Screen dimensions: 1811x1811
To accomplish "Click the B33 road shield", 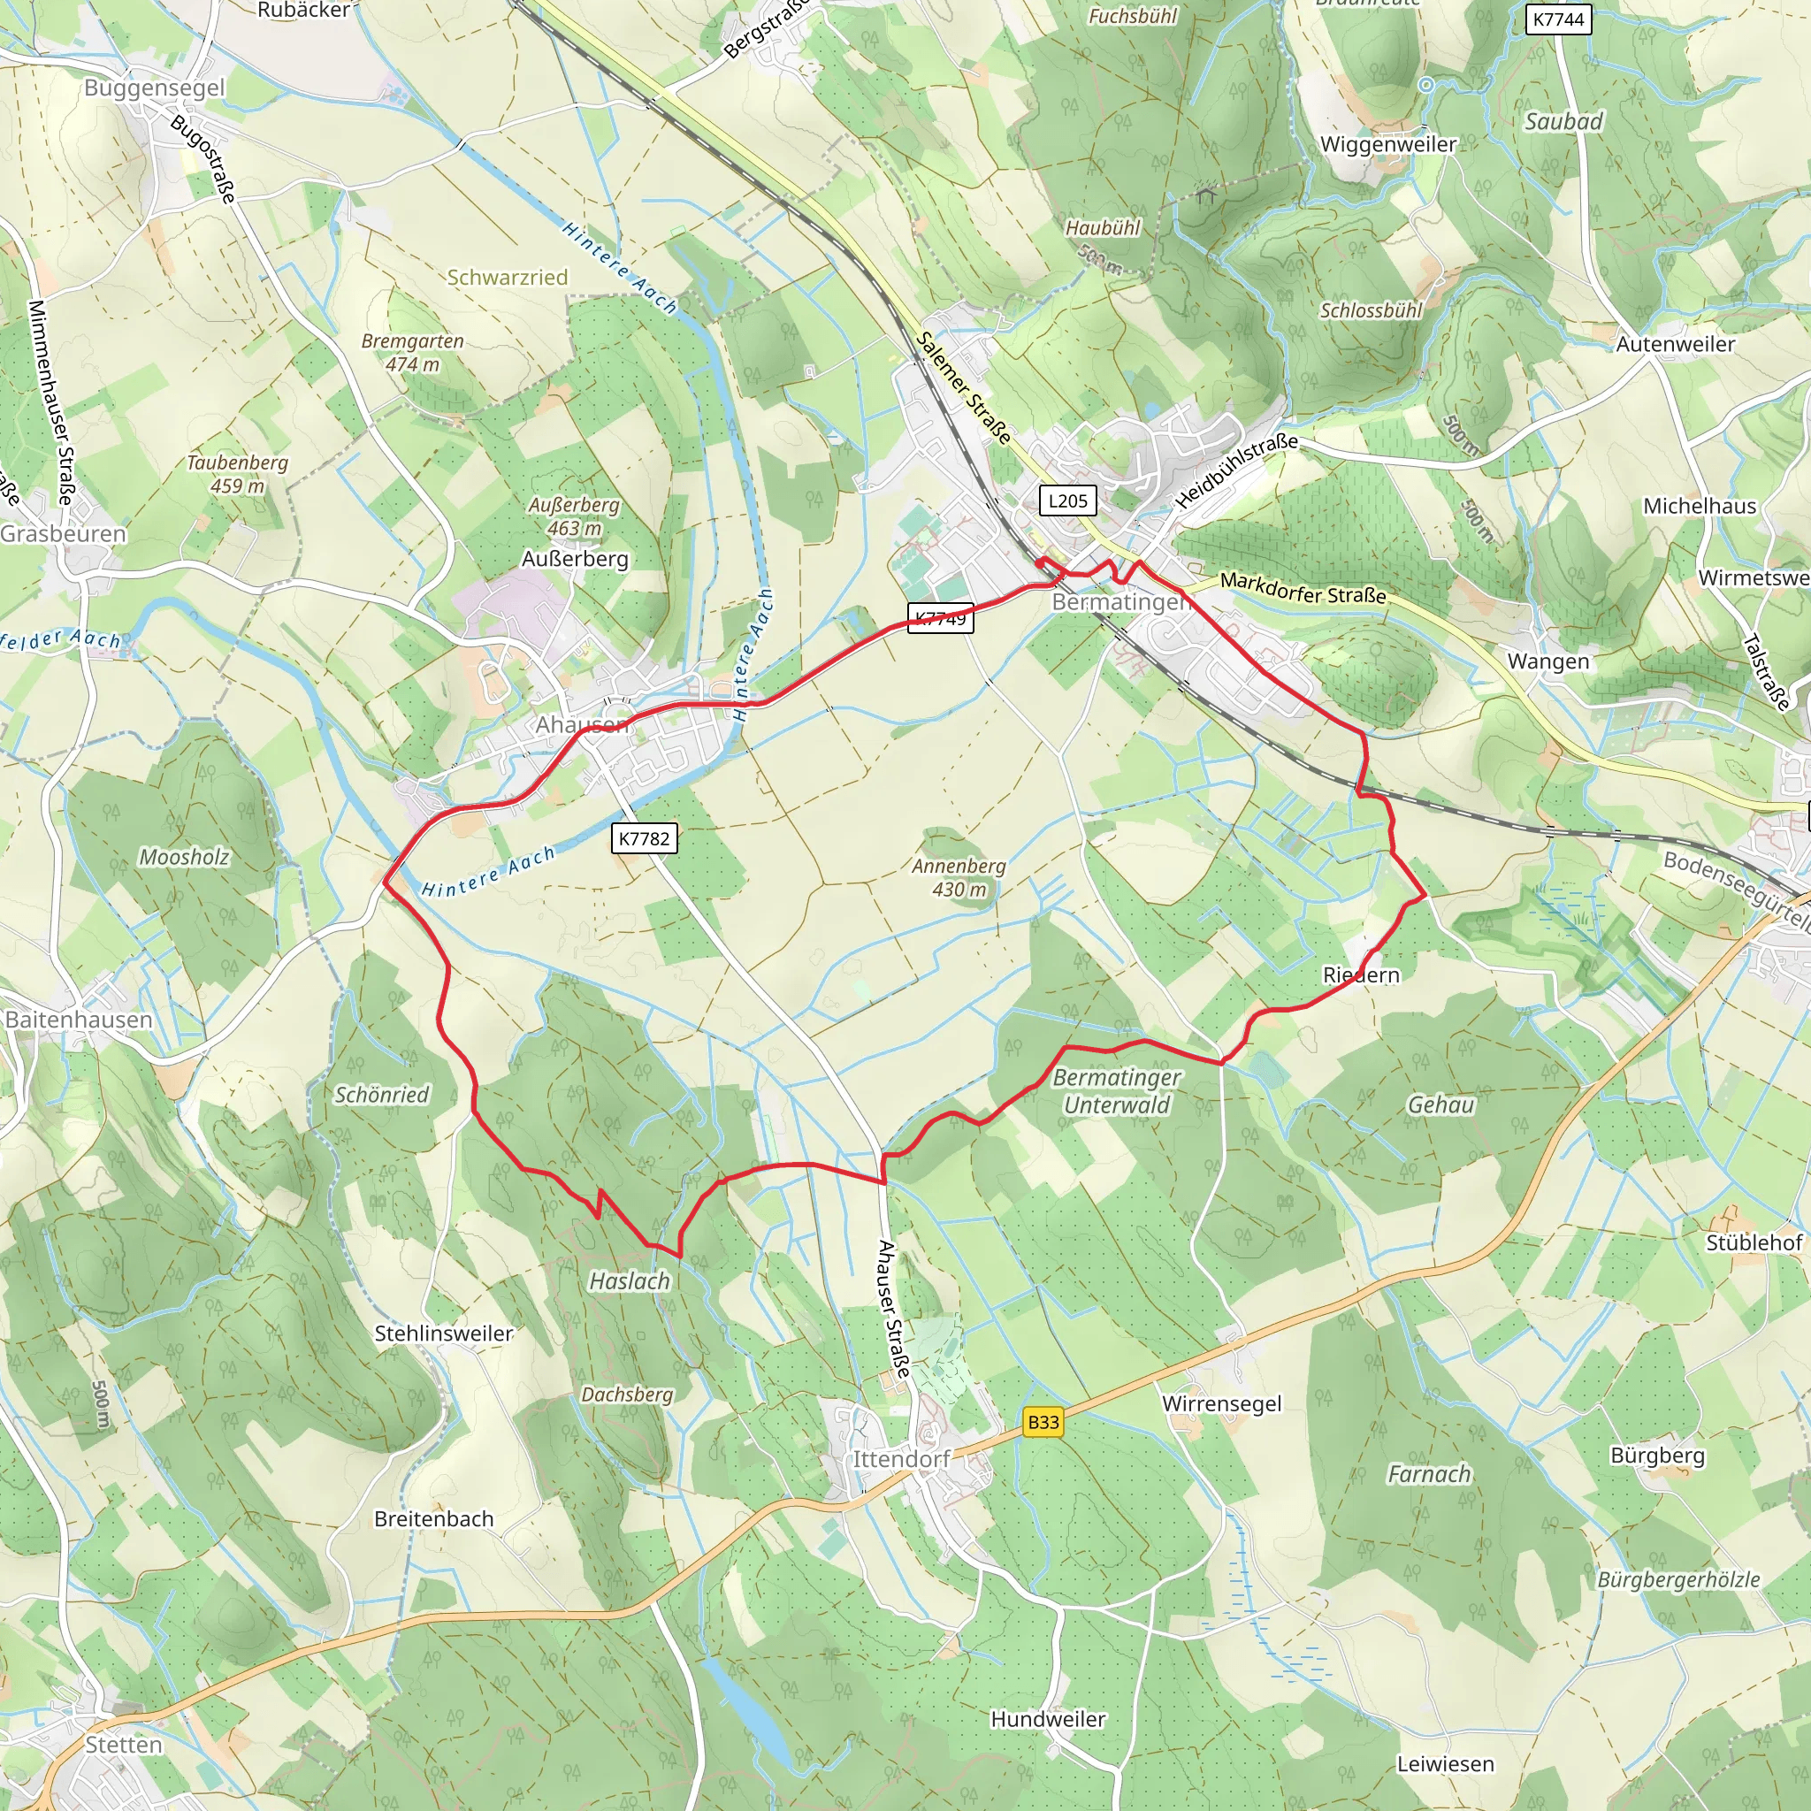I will pos(1043,1422).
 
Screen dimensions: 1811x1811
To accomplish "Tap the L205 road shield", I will pos(1067,501).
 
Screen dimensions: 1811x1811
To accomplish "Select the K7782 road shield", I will pos(644,838).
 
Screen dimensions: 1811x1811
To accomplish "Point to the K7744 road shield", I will pos(1558,19).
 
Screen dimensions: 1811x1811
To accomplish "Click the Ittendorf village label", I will pos(901,1459).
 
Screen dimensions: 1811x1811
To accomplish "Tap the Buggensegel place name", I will pos(155,88).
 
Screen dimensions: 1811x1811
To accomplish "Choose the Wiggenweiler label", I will pos(1388,144).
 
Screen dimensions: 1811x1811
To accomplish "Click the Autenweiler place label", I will pos(1675,344).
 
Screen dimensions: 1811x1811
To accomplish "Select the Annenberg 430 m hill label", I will pos(959,877).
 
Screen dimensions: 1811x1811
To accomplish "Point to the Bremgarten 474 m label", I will pos(412,353).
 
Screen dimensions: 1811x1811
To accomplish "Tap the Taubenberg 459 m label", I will pos(237,474).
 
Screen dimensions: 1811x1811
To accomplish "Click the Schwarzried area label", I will pos(507,278).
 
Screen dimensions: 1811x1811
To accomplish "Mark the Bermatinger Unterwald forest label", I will pos(1117,1091).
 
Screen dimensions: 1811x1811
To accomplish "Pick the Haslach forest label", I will pos(630,1281).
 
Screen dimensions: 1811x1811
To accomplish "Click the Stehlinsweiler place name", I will pos(443,1333).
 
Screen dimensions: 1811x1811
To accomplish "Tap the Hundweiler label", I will pos(1048,1719).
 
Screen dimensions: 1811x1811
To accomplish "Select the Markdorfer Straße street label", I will pos(1303,589).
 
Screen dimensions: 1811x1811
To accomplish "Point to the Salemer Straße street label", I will pos(965,388).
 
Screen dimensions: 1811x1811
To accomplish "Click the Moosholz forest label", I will pos(184,857).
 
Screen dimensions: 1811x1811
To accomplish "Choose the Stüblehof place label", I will pos(1754,1243).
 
